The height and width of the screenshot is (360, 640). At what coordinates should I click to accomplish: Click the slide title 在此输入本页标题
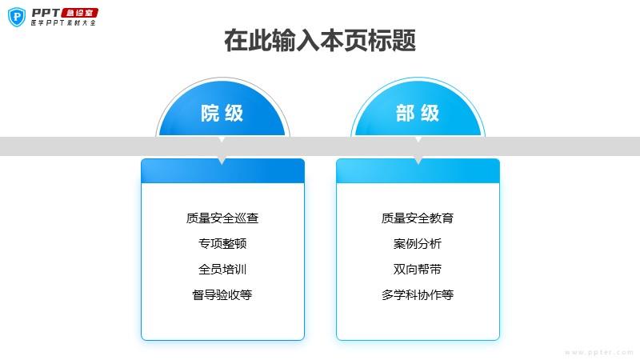319,41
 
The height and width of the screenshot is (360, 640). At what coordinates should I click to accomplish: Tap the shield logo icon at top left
16,17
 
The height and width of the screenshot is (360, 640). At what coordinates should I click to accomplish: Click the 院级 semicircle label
222,113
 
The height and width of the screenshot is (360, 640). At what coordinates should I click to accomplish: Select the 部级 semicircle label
418,113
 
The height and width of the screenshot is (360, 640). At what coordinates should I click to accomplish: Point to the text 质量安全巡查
222,218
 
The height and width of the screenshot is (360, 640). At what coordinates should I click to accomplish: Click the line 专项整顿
222,243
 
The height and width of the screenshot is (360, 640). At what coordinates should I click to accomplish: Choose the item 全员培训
222,269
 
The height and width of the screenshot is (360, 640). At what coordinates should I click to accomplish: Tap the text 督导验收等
222,294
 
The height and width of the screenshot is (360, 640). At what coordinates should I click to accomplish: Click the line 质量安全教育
418,218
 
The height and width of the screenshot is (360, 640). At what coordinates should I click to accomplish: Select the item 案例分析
418,243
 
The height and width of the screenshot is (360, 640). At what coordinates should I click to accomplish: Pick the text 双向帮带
418,269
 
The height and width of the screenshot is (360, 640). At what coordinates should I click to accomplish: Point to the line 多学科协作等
418,294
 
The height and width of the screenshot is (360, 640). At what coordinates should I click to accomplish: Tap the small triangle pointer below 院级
222,161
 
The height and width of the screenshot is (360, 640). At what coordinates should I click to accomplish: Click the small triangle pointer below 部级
418,161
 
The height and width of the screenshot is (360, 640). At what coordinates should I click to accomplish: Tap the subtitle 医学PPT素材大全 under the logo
62,24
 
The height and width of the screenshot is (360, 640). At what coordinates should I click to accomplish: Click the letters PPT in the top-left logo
46,12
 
